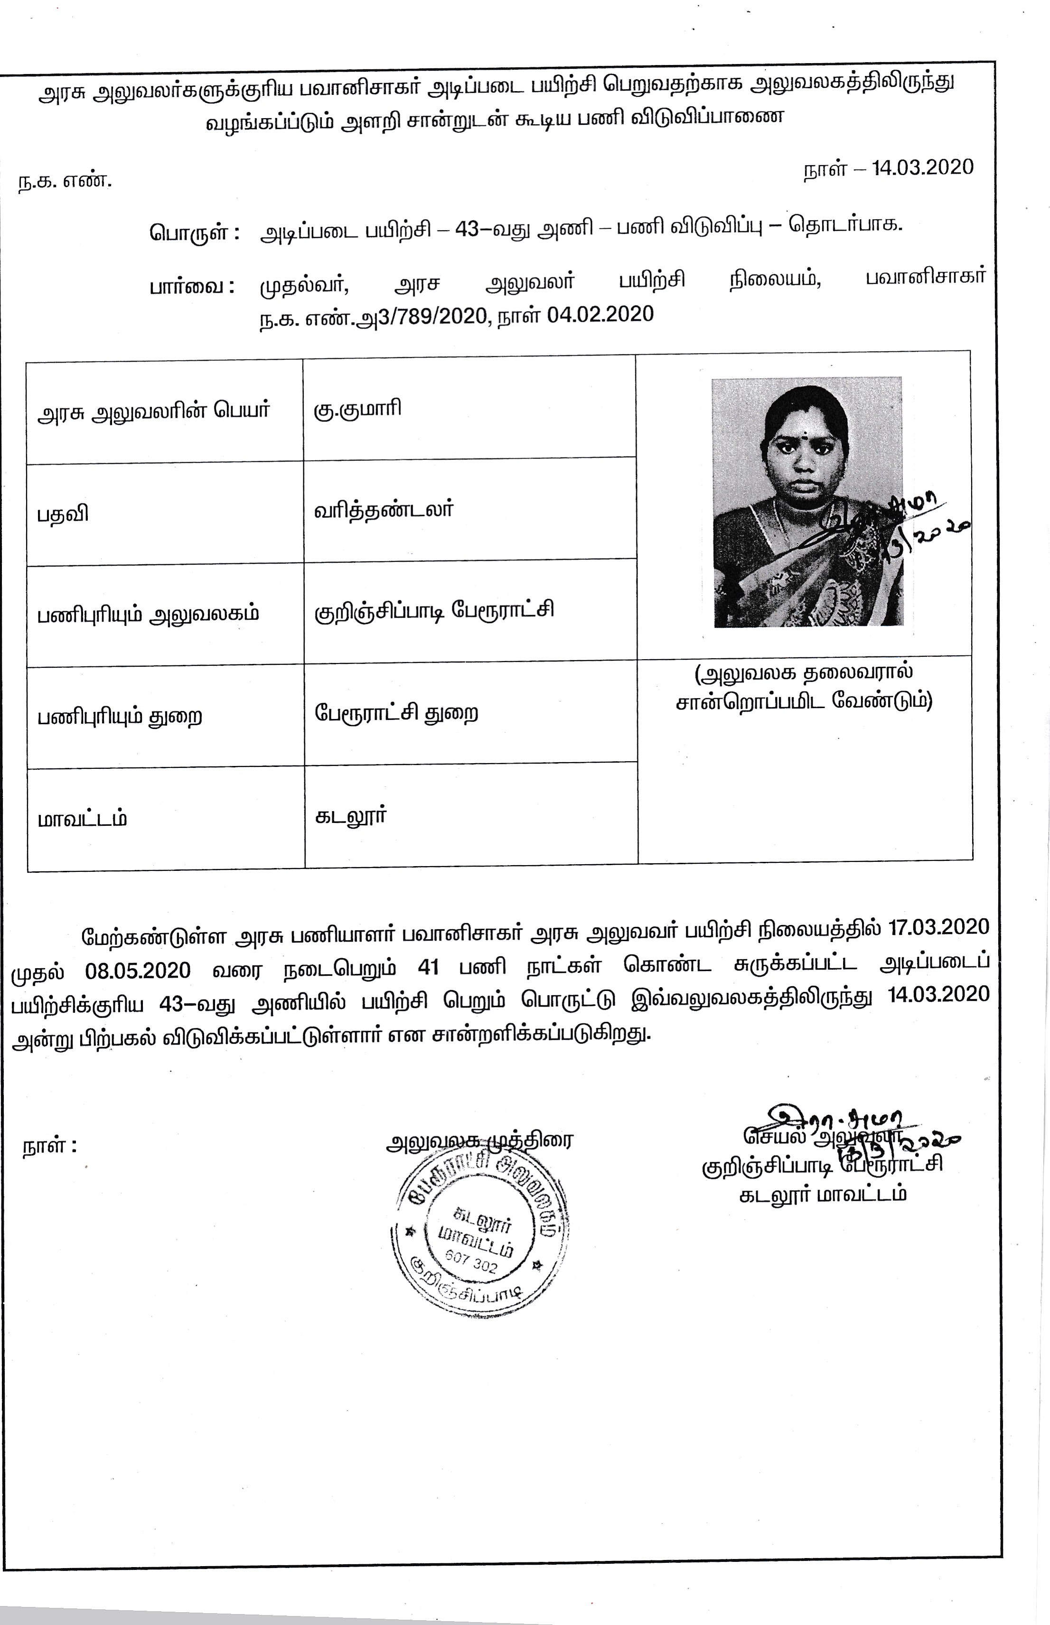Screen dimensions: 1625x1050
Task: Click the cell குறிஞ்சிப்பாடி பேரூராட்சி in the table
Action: pyautogui.click(x=434, y=609)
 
